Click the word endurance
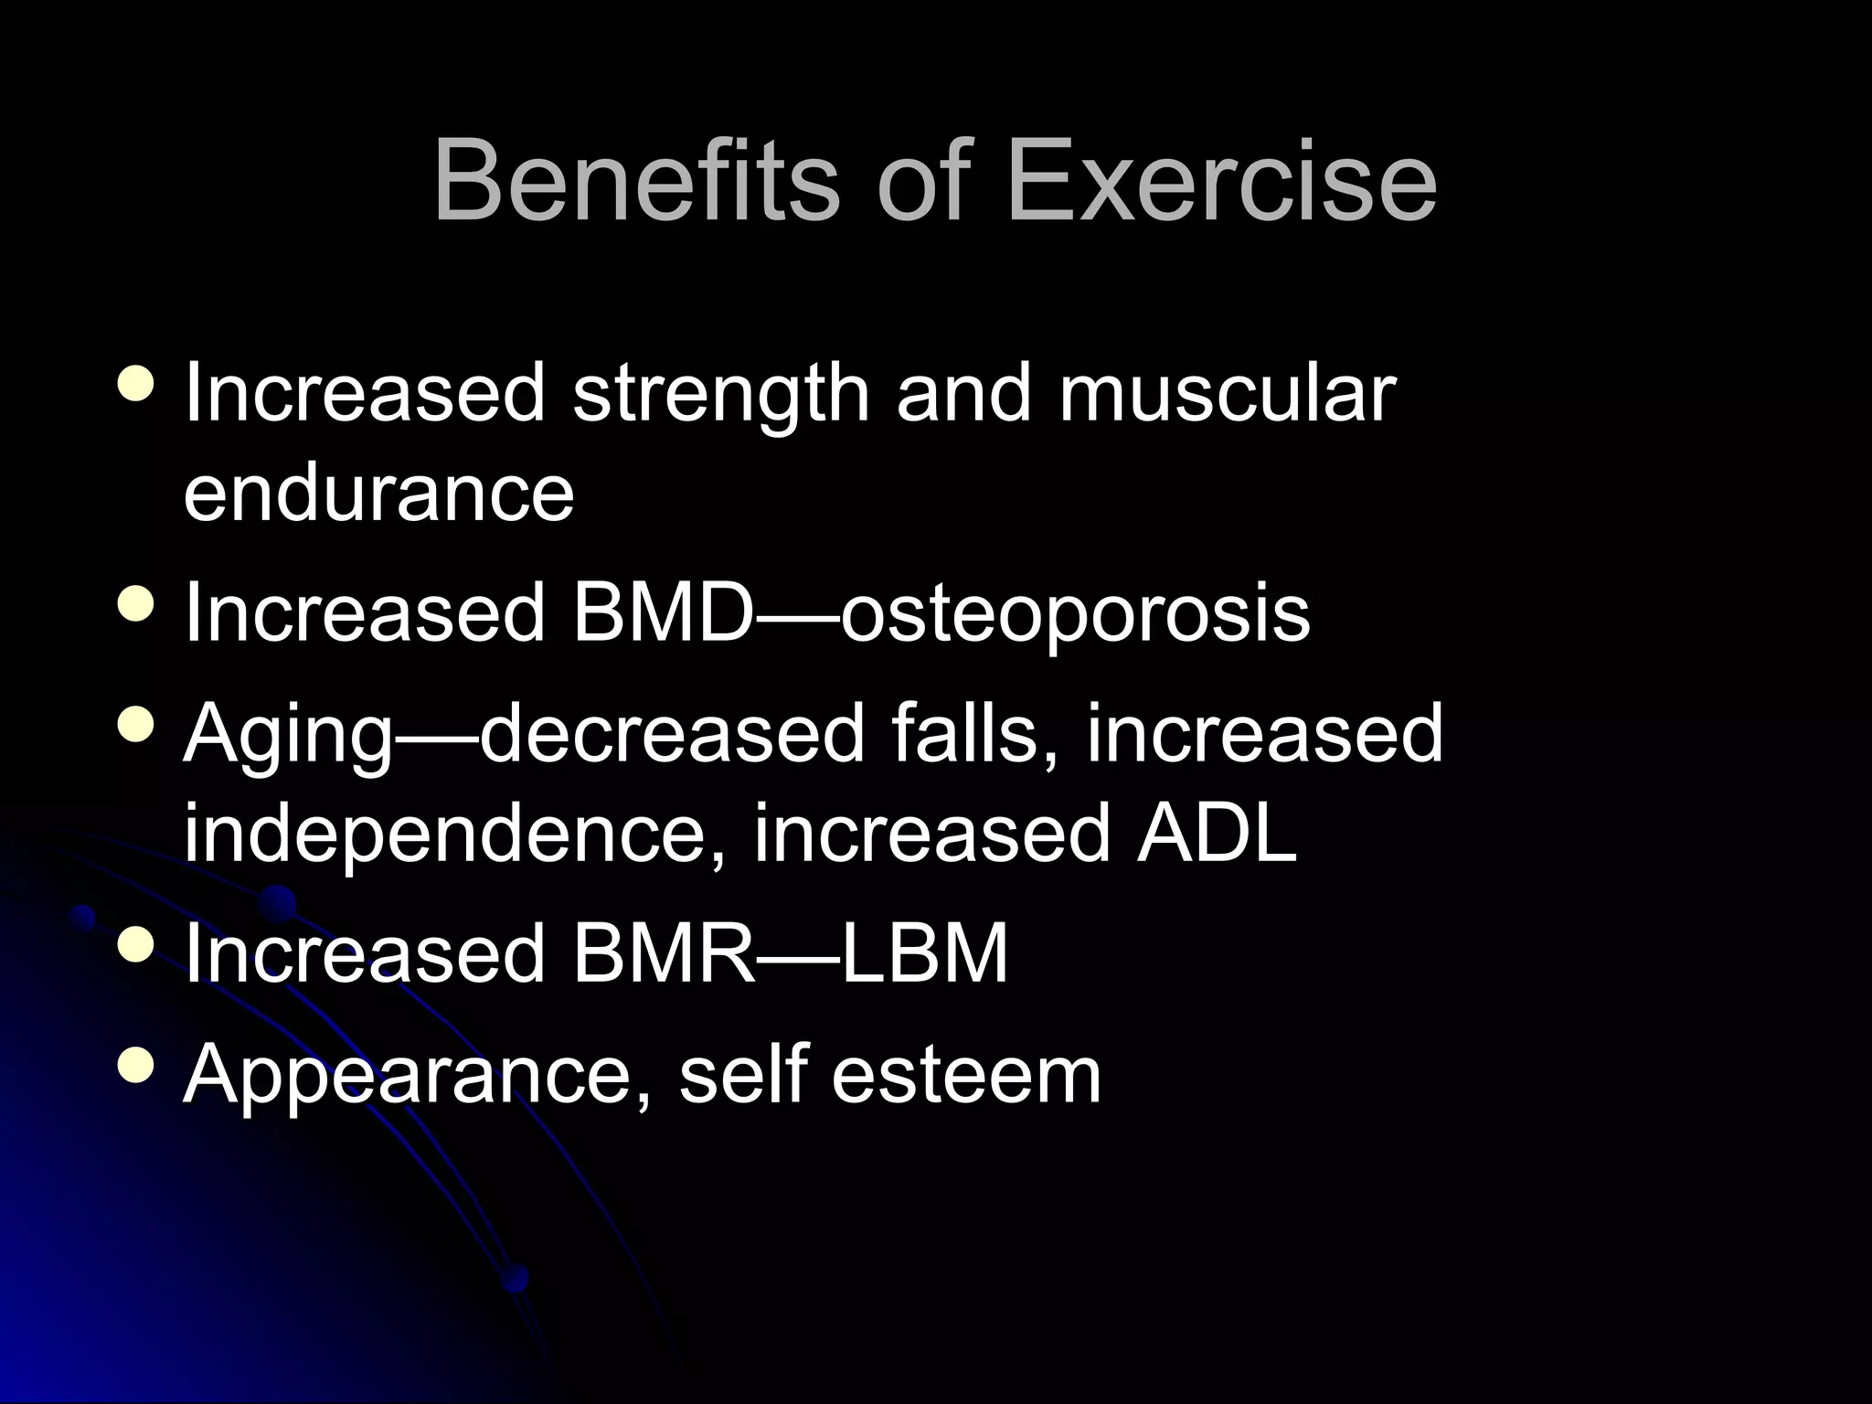click(x=378, y=494)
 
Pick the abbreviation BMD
click(x=663, y=612)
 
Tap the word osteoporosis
click(x=1075, y=614)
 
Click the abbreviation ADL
click(x=1216, y=832)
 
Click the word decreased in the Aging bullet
click(x=672, y=733)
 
